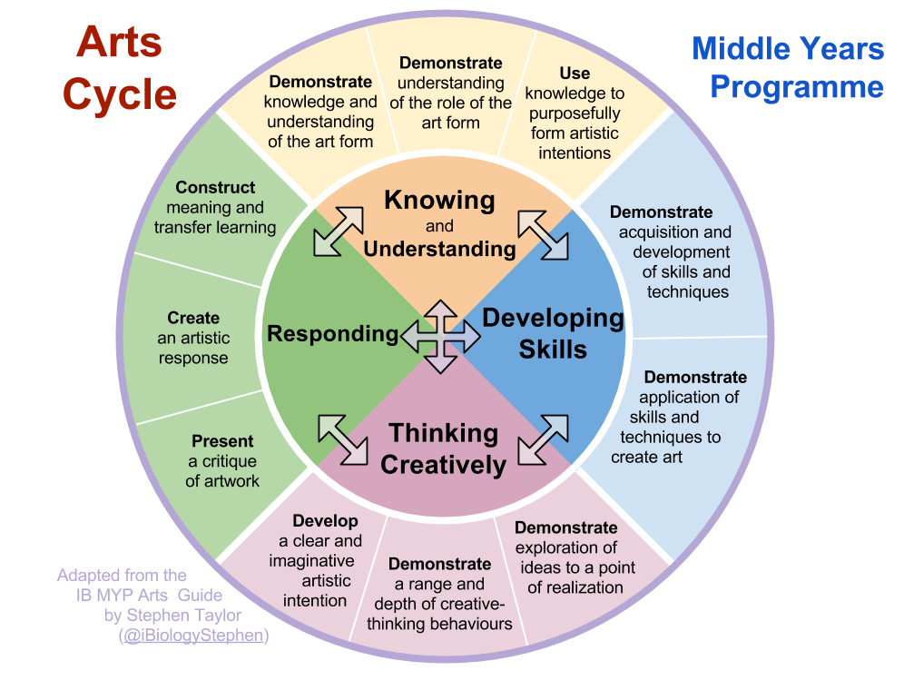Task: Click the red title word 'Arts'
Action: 119,43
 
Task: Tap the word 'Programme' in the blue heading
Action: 796,87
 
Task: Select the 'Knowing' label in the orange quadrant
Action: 439,200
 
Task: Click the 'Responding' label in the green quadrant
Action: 332,334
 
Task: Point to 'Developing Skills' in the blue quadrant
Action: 553,333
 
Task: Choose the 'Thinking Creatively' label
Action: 443,448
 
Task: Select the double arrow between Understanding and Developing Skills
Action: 544,234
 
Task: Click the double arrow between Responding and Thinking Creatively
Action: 342,438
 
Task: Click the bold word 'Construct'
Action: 215,188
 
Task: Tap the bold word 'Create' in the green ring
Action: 193,318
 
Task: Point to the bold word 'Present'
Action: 222,441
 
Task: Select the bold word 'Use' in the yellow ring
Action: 575,74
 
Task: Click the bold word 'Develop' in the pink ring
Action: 325,521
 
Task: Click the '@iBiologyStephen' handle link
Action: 193,636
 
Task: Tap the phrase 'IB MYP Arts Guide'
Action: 149,596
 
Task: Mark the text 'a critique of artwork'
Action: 222,471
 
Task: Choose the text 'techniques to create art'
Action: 666,447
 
